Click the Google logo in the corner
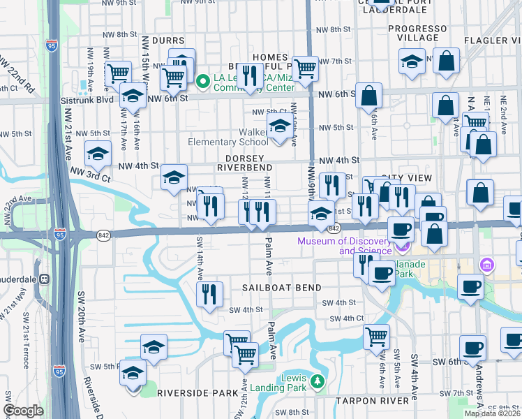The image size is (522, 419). click(x=24, y=411)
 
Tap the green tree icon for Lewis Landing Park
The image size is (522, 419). click(x=318, y=381)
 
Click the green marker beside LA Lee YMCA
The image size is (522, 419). click(x=203, y=82)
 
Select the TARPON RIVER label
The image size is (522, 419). click(x=371, y=401)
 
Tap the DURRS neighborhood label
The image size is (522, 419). click(x=166, y=41)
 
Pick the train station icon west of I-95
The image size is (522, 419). click(x=44, y=279)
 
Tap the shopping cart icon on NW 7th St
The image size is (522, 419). click(x=306, y=68)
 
